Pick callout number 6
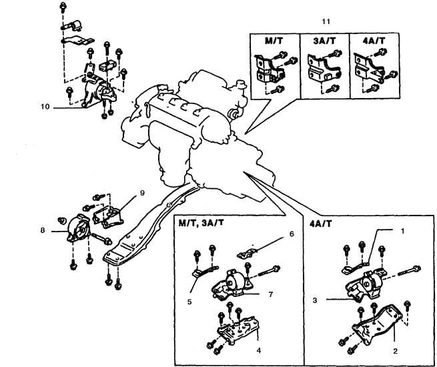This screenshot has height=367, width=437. click(291, 235)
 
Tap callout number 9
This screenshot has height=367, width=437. click(142, 194)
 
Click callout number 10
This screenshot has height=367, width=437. click(45, 105)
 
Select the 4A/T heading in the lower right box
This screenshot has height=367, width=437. click(323, 222)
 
